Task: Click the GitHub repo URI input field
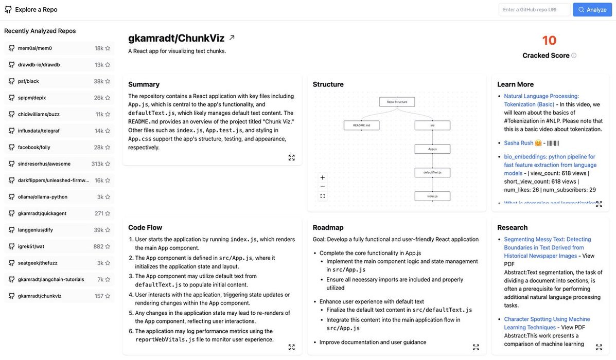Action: pyautogui.click(x=534, y=10)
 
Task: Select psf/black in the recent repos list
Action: pyautogui.click(x=29, y=81)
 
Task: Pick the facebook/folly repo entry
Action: pyautogui.click(x=34, y=147)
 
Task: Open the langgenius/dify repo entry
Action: pyautogui.click(x=36, y=230)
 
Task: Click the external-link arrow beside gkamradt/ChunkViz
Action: pyautogui.click(x=232, y=38)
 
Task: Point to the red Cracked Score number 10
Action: pyautogui.click(x=549, y=41)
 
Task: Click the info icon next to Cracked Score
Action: pyautogui.click(x=574, y=56)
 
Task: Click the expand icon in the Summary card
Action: pyautogui.click(x=292, y=157)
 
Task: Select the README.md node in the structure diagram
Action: pyautogui.click(x=361, y=125)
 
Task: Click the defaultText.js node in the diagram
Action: pyautogui.click(x=432, y=173)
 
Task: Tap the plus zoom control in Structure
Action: pyautogui.click(x=323, y=177)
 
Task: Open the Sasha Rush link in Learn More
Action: pyautogui.click(x=518, y=143)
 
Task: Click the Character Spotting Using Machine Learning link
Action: pyautogui.click(x=547, y=323)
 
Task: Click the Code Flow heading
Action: pyautogui.click(x=145, y=227)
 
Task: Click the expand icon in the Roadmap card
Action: pyautogui.click(x=476, y=347)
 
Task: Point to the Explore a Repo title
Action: pyautogui.click(x=36, y=10)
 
